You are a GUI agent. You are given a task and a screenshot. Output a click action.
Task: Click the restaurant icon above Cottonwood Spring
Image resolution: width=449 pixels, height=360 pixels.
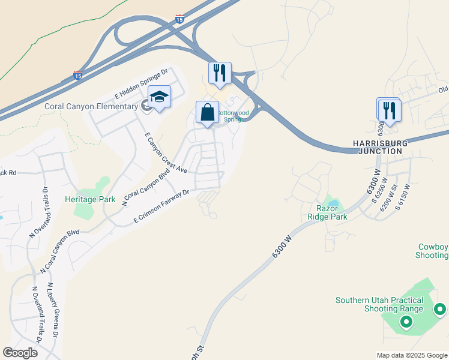[x=220, y=73]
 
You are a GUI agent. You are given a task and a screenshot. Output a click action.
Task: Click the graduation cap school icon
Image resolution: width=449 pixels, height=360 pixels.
[x=160, y=97]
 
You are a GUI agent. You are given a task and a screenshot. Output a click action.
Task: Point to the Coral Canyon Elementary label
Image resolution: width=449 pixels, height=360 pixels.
[x=91, y=107]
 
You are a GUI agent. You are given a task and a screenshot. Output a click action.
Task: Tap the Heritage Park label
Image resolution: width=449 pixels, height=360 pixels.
[x=90, y=199]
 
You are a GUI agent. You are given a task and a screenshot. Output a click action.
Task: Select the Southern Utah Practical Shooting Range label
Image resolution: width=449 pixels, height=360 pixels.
[x=379, y=304]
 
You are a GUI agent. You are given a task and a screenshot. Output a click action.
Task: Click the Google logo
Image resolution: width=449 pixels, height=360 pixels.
[x=20, y=353]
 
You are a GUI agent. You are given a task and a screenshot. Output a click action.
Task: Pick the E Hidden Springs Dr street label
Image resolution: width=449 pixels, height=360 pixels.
[x=141, y=85]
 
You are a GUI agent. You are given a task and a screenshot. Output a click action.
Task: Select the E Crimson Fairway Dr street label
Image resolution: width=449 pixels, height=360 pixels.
[x=161, y=208]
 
